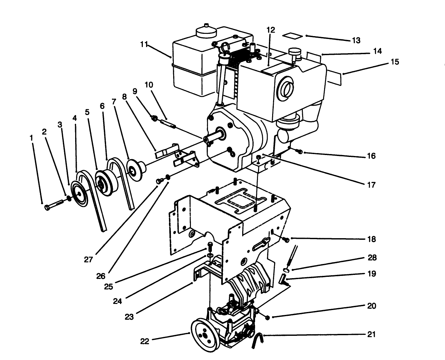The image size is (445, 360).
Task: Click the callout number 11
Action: click(x=144, y=44)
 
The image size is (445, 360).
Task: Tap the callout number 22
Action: click(x=145, y=341)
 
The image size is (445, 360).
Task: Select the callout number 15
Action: click(x=395, y=62)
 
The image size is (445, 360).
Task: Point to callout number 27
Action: click(x=88, y=259)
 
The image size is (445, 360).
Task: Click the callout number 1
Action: click(x=31, y=138)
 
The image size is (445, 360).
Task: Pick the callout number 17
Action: click(x=371, y=185)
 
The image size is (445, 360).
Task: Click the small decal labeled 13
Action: click(x=293, y=35)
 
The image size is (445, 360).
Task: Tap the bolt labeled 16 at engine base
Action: click(x=299, y=151)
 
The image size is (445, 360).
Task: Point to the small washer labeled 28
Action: click(x=286, y=270)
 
